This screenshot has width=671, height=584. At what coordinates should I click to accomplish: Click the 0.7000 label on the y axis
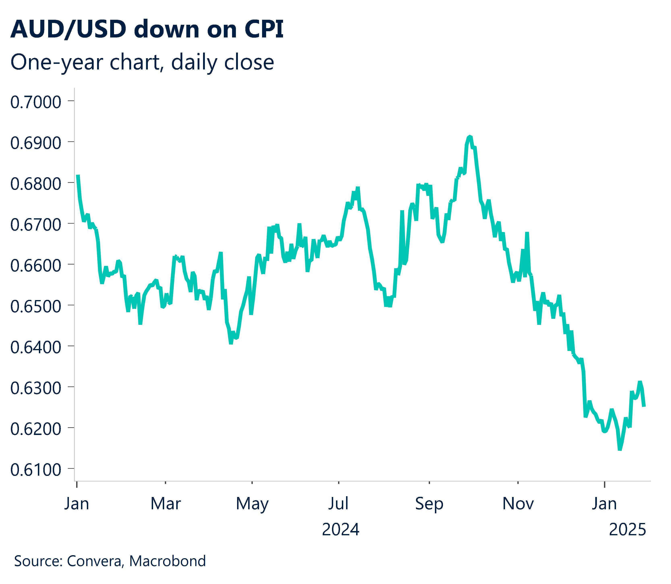point(36,102)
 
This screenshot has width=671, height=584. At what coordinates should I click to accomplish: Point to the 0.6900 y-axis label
point(36,143)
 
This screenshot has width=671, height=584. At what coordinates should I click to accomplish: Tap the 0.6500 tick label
point(36,306)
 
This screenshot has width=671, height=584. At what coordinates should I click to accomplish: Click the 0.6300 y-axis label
point(36,388)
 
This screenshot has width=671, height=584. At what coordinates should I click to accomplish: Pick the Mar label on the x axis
point(165,503)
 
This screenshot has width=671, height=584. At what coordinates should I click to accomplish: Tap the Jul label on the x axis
point(338,503)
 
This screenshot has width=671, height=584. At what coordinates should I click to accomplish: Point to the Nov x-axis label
point(518,503)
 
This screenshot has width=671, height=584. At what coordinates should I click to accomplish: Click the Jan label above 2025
point(604,503)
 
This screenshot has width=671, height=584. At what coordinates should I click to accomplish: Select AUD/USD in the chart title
point(68,29)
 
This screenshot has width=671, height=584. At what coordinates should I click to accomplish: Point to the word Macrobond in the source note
point(168,561)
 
